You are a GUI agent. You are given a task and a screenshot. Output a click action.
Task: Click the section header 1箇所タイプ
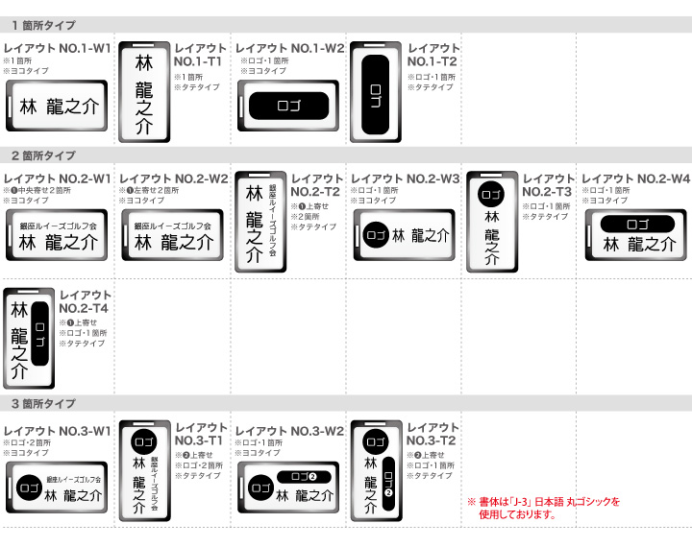[43, 25]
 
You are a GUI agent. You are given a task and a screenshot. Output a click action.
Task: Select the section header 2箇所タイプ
[43, 155]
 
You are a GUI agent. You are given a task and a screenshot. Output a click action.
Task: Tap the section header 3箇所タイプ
[43, 404]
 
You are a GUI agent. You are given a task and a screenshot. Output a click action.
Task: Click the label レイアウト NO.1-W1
[57, 47]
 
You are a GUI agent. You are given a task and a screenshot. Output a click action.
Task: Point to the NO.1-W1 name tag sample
[57, 106]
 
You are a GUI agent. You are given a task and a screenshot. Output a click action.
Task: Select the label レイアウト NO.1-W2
[289, 47]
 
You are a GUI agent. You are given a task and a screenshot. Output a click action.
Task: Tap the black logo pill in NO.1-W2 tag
[289, 106]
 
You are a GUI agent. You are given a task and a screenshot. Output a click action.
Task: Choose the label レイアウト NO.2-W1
[57, 178]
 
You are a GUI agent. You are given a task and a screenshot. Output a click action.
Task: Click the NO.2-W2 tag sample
[173, 236]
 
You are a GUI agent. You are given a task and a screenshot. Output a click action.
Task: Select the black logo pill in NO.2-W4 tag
[637, 225]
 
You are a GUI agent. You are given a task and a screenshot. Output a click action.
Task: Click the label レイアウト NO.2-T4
[85, 301]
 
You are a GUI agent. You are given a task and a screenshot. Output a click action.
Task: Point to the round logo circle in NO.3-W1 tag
[31, 488]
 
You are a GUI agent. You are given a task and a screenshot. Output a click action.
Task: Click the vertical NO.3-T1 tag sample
[144, 471]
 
